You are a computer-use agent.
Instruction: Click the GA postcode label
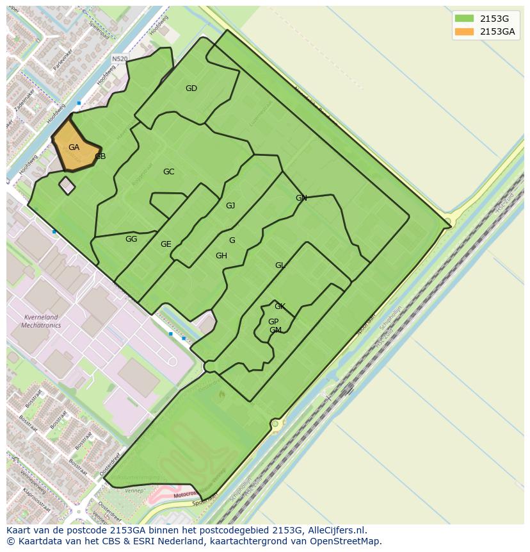coord(74,147)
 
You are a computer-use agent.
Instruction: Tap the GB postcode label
coord(100,156)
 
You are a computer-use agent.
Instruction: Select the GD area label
coord(191,88)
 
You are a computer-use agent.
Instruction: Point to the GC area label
coord(168,172)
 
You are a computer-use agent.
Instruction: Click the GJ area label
coord(230,206)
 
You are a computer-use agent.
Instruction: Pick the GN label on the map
coord(301,198)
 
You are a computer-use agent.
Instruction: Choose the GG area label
coord(131,239)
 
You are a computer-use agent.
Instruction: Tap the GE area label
coord(166,244)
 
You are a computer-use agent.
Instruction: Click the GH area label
coord(221,256)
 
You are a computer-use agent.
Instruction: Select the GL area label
coord(280,265)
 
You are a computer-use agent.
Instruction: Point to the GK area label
coord(280,306)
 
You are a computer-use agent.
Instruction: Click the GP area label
coord(273,322)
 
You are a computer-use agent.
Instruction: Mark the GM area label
coord(275,330)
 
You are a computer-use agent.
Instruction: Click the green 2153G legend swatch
coord(464,19)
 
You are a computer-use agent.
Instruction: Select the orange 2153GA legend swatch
coord(464,31)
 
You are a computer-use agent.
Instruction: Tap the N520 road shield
coord(120,59)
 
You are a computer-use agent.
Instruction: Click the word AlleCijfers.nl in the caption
coord(334,530)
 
